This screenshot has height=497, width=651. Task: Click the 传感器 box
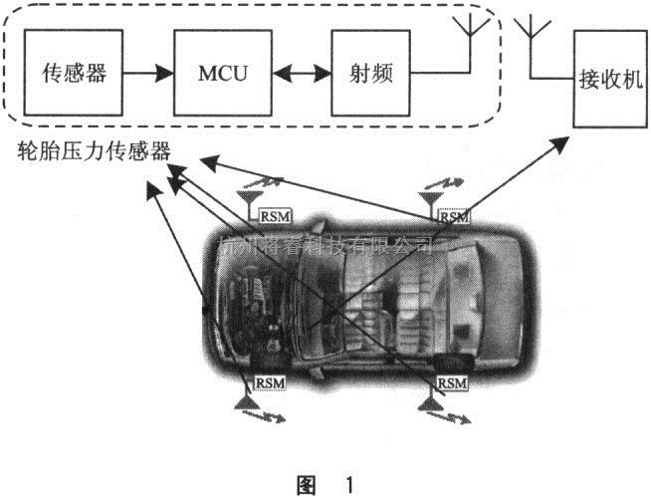[x=75, y=74]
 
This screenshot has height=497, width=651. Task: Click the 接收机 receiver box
[x=605, y=78]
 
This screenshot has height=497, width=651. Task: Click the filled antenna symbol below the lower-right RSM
[x=430, y=399]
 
